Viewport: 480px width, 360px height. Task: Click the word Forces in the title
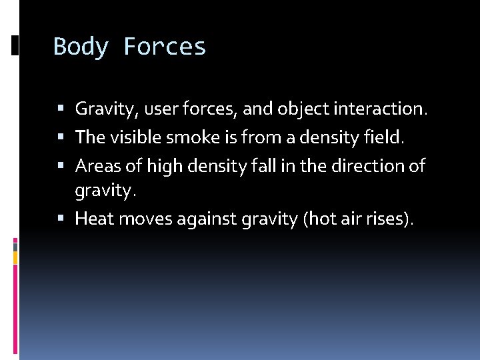click(x=165, y=47)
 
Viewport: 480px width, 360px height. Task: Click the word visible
click(x=135, y=137)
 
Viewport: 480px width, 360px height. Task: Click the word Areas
click(x=97, y=165)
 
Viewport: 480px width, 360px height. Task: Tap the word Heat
click(x=95, y=218)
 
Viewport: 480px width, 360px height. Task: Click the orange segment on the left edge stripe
click(x=16, y=257)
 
